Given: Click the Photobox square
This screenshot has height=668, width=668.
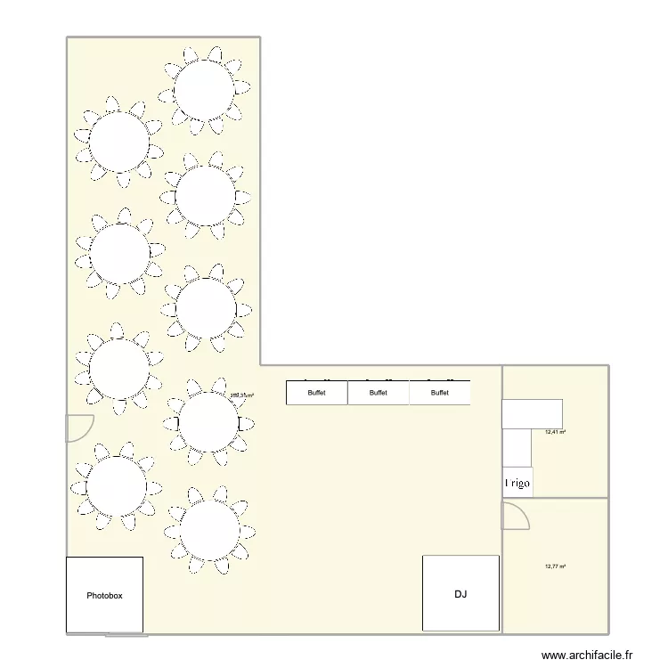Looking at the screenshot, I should click(104, 595).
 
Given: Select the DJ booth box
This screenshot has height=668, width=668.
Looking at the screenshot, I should click(460, 593).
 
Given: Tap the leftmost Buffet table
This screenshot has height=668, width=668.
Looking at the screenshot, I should click(316, 393).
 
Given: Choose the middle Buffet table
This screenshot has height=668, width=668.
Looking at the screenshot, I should click(379, 393).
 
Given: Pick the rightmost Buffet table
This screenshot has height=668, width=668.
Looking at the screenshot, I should click(440, 393).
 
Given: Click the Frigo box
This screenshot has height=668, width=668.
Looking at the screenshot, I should click(517, 482).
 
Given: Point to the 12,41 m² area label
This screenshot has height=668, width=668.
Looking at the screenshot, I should click(556, 433).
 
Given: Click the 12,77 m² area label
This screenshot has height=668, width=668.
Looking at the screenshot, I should click(556, 566).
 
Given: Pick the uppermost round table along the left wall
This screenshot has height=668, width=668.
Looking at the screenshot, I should click(118, 143).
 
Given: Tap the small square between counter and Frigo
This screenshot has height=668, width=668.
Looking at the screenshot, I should click(517, 447).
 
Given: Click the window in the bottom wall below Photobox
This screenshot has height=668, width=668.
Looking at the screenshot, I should click(126, 635).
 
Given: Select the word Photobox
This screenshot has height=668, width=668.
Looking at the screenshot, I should click(104, 595).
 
